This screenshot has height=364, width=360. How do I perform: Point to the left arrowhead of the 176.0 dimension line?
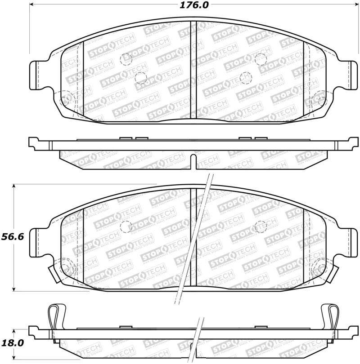[32, 5]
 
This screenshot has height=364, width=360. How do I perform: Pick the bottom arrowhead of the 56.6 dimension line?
[15, 289]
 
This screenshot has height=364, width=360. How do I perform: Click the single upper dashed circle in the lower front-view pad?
[260, 226]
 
